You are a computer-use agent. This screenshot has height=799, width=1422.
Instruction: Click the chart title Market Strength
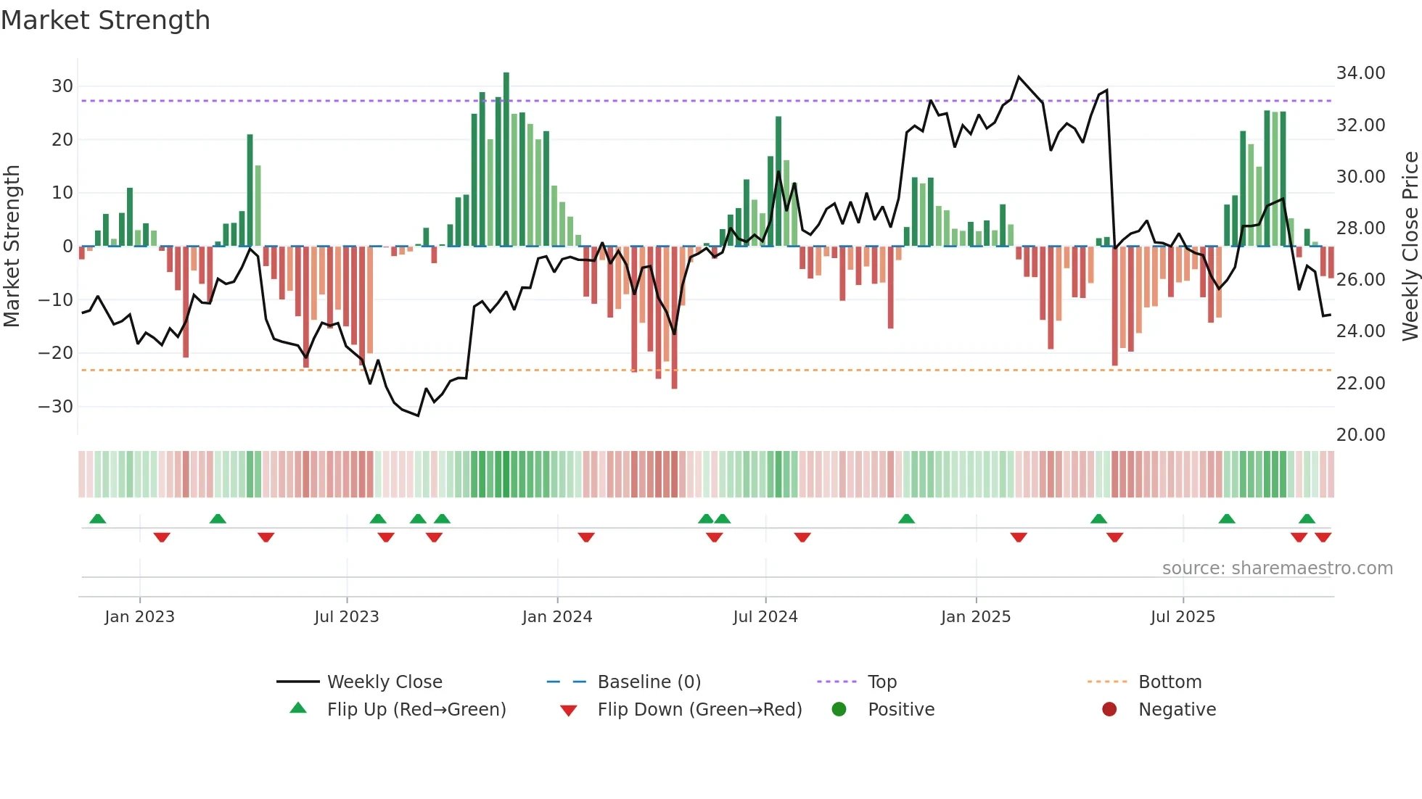pos(105,20)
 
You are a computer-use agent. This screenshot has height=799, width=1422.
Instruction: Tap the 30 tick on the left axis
pos(62,86)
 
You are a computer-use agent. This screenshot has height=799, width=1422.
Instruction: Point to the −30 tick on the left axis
pos(56,407)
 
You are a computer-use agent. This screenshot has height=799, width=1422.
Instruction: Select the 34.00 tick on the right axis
pos(1360,73)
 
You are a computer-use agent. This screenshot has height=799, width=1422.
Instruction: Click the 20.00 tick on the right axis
pos(1360,435)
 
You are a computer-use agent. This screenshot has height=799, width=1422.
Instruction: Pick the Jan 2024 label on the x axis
pos(557,617)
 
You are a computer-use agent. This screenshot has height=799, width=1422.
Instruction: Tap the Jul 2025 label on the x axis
pos(1183,617)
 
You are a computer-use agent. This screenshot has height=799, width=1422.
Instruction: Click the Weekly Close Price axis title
pos(1410,247)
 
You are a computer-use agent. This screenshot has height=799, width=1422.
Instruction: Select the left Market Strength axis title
pos(12,247)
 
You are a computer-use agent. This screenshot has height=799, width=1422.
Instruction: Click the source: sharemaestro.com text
pos(1277,568)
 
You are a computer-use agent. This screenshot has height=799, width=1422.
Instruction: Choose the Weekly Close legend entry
pos(385,682)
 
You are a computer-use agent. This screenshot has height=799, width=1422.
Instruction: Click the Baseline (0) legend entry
pos(649,682)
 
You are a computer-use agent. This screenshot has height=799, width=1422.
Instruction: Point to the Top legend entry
pos(882,682)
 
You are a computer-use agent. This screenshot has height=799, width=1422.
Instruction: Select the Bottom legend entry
pos(1170,682)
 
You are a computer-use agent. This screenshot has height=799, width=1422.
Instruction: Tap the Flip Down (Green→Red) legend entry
pos(699,710)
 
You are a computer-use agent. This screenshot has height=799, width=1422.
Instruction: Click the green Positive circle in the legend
pos(839,710)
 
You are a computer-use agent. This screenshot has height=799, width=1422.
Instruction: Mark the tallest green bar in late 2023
pos(506,160)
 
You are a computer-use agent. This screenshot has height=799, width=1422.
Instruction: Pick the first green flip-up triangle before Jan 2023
pos(98,518)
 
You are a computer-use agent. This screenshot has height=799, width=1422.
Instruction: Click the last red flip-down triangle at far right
pos(1323,537)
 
